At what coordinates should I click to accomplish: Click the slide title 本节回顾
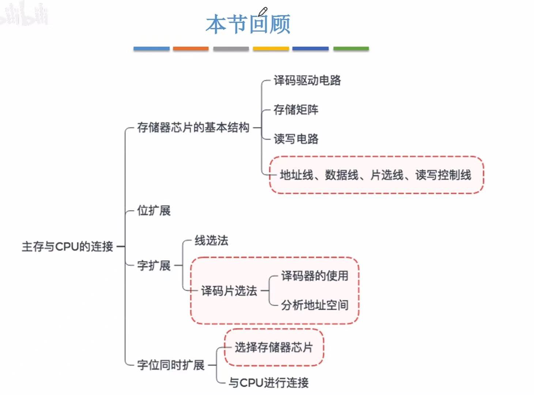(248, 25)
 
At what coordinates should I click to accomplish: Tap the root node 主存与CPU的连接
(67, 246)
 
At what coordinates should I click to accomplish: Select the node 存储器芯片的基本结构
(193, 127)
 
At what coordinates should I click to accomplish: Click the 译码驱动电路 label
(307, 80)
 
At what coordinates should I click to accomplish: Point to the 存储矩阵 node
(296, 109)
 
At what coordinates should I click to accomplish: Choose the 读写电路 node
(296, 139)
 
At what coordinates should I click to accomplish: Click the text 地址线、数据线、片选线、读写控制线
(375, 175)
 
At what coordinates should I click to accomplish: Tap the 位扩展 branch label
(154, 210)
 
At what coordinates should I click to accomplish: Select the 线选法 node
(211, 241)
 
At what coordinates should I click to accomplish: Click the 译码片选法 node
(229, 291)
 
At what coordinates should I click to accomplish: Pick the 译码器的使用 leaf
(315, 276)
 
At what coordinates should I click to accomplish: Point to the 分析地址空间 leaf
(315, 305)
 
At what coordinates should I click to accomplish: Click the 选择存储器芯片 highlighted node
(274, 347)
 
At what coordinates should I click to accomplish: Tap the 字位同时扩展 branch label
(170, 365)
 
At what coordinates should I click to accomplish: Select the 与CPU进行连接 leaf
(268, 383)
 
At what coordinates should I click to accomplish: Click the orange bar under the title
(191, 48)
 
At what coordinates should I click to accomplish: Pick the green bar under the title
(351, 48)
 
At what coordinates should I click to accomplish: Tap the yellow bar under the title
(271, 48)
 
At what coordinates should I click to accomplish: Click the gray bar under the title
(231, 48)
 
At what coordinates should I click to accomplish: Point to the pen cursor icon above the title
(263, 11)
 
